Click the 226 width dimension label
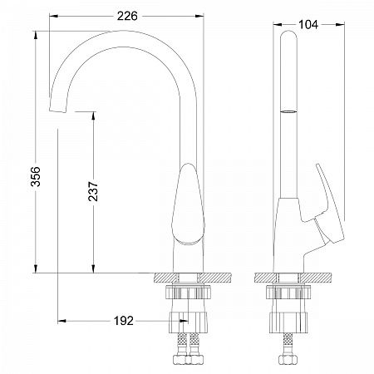coord(127,16)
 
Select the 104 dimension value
coord(308,25)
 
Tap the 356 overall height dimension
coord(36,176)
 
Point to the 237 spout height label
coord(93,191)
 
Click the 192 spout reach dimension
coord(124,321)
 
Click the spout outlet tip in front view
coord(58,109)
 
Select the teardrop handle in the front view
coord(189,204)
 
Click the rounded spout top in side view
coord(288,35)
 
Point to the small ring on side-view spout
coord(288,111)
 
